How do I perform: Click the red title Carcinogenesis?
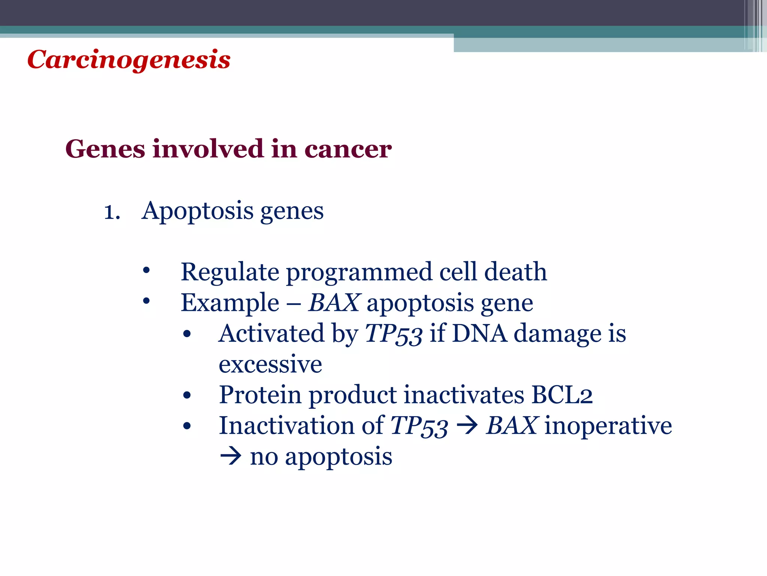point(129,60)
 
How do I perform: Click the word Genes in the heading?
point(105,149)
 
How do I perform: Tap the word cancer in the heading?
point(348,149)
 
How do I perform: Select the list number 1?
point(112,212)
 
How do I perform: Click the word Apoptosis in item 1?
point(197,211)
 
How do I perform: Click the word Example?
point(230,303)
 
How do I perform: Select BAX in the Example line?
point(334,303)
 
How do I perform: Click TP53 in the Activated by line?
point(394,334)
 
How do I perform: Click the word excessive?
point(270,364)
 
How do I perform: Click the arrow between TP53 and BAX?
point(467,426)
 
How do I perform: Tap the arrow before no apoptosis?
point(230,457)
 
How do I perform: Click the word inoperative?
point(608,426)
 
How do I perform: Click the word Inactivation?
point(286,426)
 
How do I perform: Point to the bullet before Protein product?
point(187,395)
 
